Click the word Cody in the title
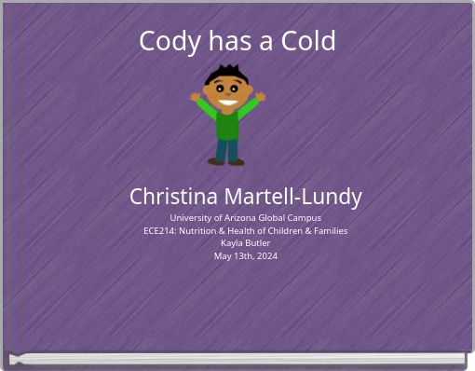tap(164, 42)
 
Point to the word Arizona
tap(235, 217)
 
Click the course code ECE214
tap(162, 230)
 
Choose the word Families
tap(329, 230)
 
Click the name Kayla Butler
tap(245, 243)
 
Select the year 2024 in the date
tap(266, 256)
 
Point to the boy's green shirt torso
tap(227, 124)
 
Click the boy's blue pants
tap(227, 148)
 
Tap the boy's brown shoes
tap(227, 162)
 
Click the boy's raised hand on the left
tap(196, 96)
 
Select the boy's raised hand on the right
tap(261, 95)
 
